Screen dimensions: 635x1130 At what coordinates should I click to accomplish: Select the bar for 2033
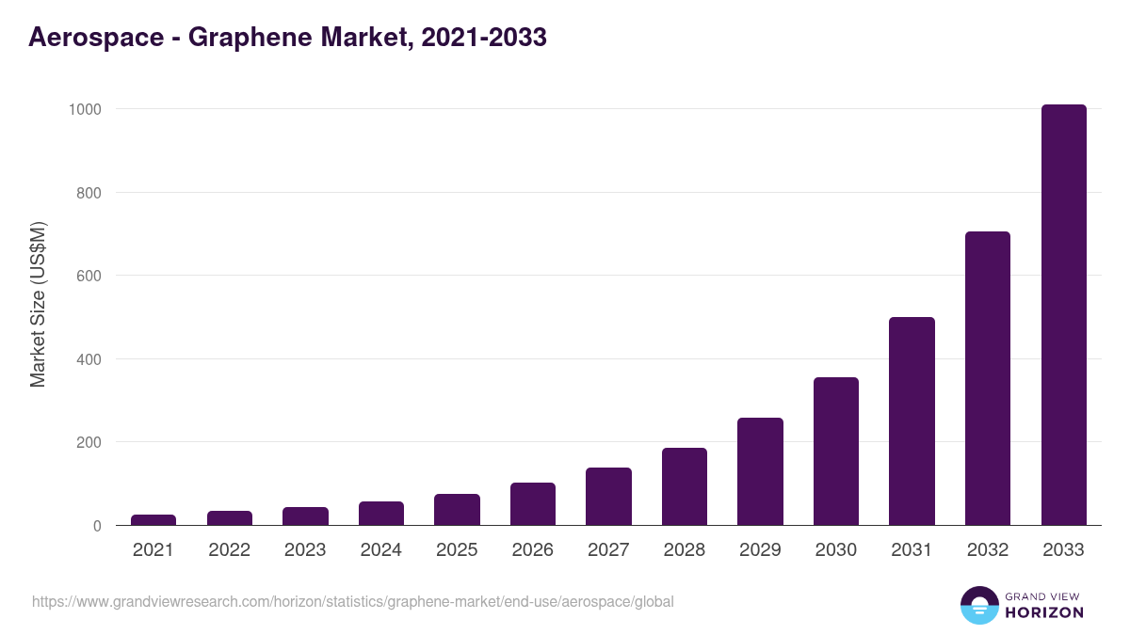tap(1063, 315)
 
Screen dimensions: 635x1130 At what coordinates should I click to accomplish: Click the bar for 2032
tap(988, 378)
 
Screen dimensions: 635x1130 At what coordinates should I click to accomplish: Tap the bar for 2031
tap(912, 421)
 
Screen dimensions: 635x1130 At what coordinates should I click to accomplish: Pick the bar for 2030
tap(836, 452)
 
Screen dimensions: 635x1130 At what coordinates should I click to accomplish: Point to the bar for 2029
tap(760, 471)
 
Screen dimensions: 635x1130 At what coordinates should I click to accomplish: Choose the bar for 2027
tap(608, 497)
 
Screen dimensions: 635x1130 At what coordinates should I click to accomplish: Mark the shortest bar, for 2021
tap(153, 519)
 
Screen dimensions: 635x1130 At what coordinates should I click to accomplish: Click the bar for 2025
tap(457, 509)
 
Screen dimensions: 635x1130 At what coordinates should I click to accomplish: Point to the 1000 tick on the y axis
tap(84, 109)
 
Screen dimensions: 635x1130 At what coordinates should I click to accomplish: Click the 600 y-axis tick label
tap(89, 276)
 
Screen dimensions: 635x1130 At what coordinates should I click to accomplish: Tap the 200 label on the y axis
tap(89, 442)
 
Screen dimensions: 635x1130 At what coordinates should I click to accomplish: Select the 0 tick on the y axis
tap(96, 526)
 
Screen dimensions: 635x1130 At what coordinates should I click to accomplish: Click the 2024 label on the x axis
tap(380, 550)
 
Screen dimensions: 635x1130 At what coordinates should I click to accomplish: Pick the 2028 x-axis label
tap(685, 550)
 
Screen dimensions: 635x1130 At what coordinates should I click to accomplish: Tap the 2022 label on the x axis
tap(229, 550)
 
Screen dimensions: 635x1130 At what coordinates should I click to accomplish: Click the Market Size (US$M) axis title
tap(38, 305)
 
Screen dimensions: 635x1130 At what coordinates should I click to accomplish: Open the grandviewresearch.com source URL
tap(353, 601)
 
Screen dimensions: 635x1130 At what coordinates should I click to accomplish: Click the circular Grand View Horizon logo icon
tap(979, 605)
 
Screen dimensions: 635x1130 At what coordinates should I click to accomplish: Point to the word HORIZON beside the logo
tap(1044, 612)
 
